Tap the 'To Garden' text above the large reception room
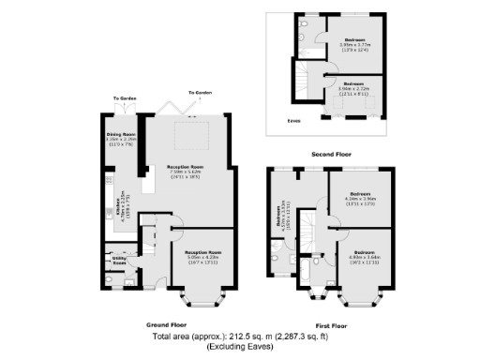(x=199, y=93)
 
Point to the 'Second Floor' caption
(x=332, y=151)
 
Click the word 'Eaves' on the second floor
(x=293, y=120)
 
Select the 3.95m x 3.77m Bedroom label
(x=353, y=43)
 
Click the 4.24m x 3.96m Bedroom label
(x=360, y=199)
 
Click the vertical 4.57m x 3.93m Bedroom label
(x=279, y=217)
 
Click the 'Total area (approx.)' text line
(x=240, y=336)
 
